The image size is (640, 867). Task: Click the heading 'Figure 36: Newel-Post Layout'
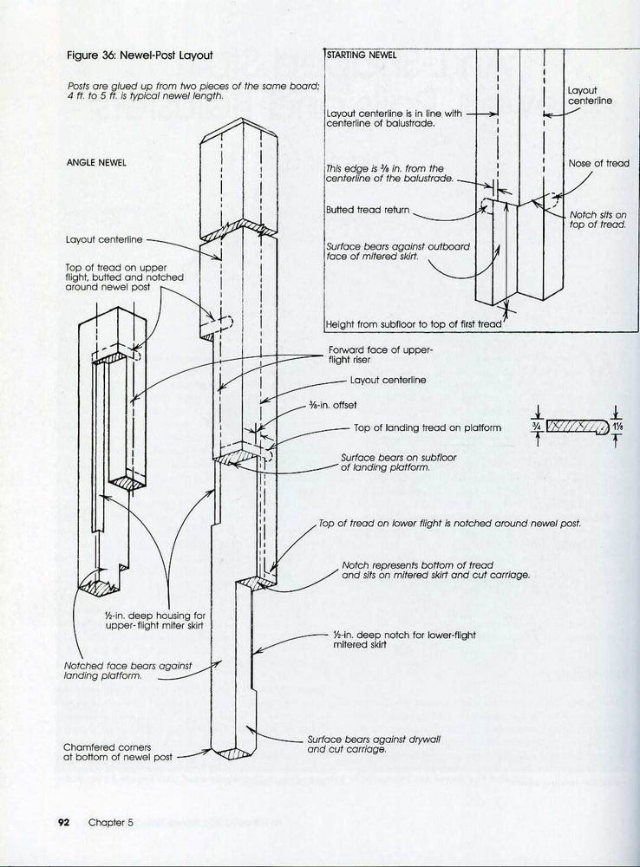(140, 55)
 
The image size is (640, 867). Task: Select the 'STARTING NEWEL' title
(362, 55)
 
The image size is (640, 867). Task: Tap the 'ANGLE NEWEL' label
(96, 163)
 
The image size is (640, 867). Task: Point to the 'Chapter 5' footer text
(110, 823)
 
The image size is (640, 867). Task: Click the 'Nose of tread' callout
(598, 163)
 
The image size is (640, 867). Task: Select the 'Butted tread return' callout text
(367, 210)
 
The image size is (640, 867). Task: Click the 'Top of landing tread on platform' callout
(428, 427)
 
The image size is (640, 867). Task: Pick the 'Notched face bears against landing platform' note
(127, 671)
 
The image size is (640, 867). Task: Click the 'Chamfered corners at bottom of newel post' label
(108, 751)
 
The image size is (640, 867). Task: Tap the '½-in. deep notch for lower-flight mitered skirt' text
(404, 640)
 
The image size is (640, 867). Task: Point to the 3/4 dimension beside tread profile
(538, 426)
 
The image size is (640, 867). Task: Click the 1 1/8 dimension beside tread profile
(617, 427)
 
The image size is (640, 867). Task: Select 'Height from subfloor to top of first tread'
(414, 324)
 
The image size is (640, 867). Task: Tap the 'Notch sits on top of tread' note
(598, 219)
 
